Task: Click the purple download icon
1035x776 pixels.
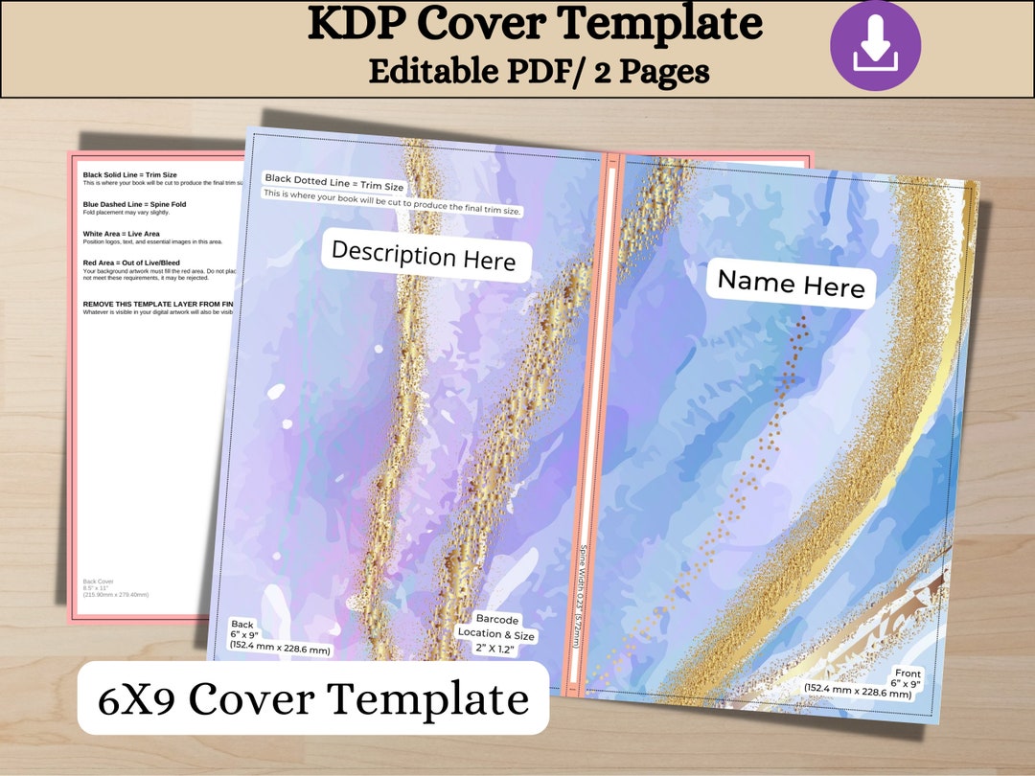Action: pyautogui.click(x=875, y=46)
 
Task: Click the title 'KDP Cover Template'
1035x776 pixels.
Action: pyautogui.click(x=535, y=25)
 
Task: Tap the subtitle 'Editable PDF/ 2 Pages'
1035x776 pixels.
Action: pyautogui.click(x=539, y=70)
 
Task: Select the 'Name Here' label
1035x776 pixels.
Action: pyautogui.click(x=792, y=284)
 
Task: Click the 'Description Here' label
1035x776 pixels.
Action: pyautogui.click(x=424, y=256)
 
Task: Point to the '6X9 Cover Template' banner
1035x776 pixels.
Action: pyautogui.click(x=313, y=699)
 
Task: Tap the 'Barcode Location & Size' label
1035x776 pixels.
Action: pyautogui.click(x=496, y=633)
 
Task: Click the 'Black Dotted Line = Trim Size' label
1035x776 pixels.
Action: pyautogui.click(x=334, y=182)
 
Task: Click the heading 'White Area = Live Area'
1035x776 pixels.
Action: pyautogui.click(x=122, y=234)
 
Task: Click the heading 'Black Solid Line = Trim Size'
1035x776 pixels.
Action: pyautogui.click(x=130, y=175)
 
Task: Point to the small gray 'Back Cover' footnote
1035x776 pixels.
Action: pyautogui.click(x=100, y=582)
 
